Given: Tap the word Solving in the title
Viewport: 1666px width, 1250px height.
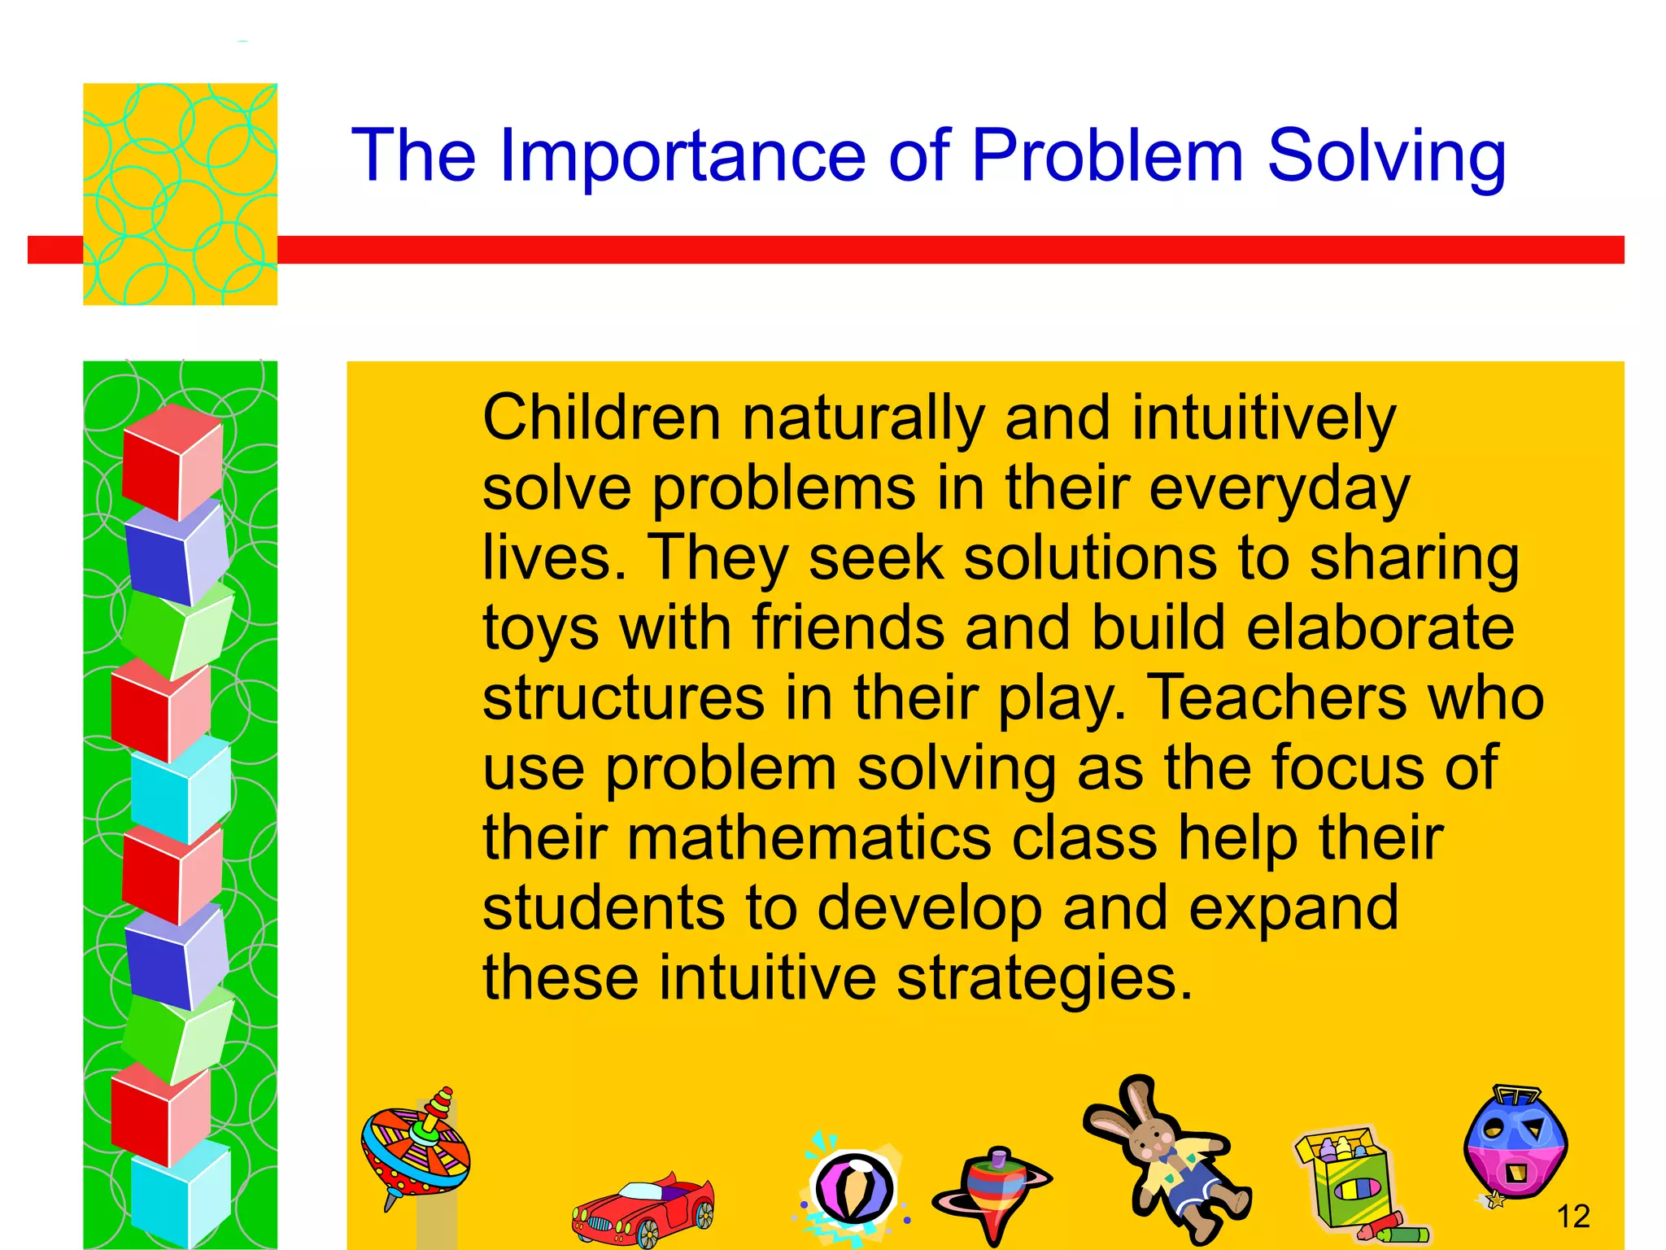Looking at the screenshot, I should pyautogui.click(x=1386, y=156).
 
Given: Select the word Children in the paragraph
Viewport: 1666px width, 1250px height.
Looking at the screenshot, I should pyautogui.click(x=601, y=417).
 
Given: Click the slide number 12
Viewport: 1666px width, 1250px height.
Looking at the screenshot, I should pyautogui.click(x=1572, y=1217).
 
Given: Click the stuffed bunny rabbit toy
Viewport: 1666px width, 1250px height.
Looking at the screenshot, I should pyautogui.click(x=1167, y=1156).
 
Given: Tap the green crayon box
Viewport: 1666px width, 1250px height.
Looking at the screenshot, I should pyautogui.click(x=1350, y=1184).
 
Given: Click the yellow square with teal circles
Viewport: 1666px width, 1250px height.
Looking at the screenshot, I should pyautogui.click(x=180, y=194).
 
